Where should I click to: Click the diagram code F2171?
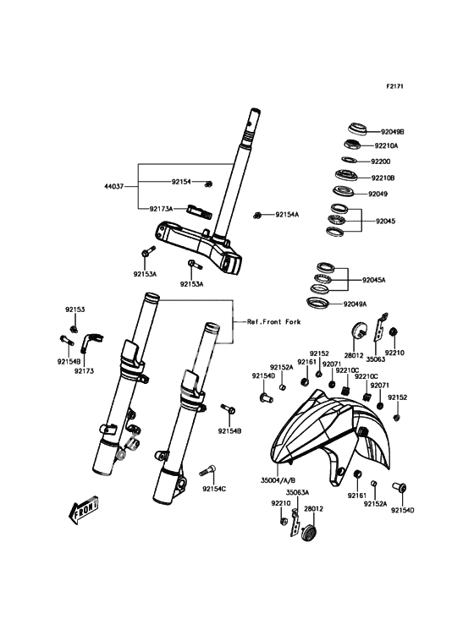(394, 85)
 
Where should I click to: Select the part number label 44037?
(113, 186)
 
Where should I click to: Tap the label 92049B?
(392, 132)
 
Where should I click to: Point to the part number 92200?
(380, 162)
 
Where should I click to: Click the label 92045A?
(373, 280)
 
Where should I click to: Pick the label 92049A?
(355, 304)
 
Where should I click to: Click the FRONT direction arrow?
(83, 510)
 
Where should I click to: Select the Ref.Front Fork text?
(273, 321)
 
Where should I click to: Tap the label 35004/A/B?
(278, 480)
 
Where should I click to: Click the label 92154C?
(214, 489)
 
